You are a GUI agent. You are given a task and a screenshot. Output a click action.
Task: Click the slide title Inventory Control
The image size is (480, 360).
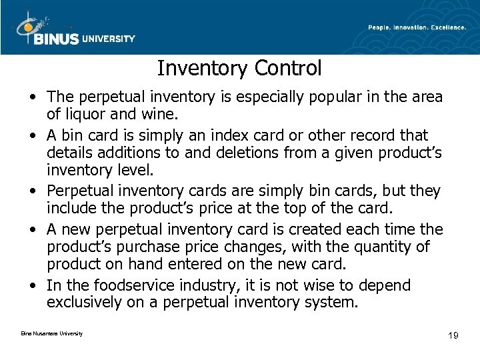(x=239, y=67)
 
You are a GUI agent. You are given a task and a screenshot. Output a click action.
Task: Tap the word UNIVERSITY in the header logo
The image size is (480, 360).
(x=108, y=39)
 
